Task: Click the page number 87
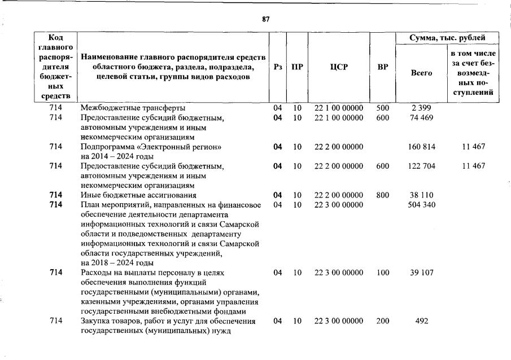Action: pyautogui.click(x=266, y=19)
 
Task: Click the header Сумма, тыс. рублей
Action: pyautogui.click(x=447, y=38)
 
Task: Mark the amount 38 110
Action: pyautogui.click(x=421, y=195)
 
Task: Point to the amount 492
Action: pyautogui.click(x=421, y=321)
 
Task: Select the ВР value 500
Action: pyautogui.click(x=383, y=108)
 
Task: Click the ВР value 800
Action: pyautogui.click(x=383, y=195)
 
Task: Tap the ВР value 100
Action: pyautogui.click(x=383, y=273)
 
